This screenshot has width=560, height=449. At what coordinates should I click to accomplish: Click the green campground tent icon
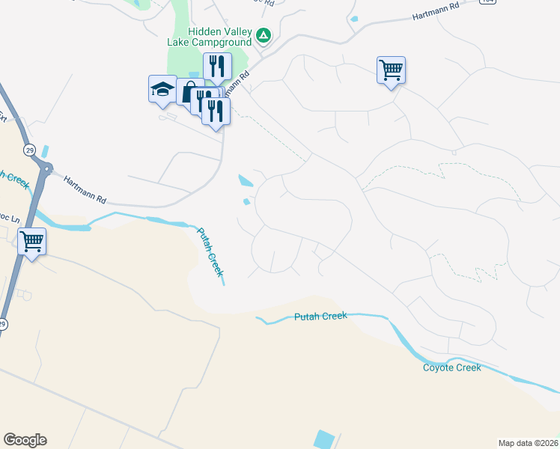[x=264, y=34]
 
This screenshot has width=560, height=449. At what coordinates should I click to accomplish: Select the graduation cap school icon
[x=162, y=90]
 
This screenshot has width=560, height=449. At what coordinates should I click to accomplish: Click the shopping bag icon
[x=189, y=92]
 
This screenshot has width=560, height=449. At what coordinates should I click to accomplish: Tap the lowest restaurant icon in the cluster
[x=216, y=111]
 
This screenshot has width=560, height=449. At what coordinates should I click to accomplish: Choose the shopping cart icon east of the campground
[x=391, y=70]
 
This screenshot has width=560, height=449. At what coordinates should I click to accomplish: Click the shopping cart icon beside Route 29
[x=32, y=242]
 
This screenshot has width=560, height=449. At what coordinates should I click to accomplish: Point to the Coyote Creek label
[x=451, y=367]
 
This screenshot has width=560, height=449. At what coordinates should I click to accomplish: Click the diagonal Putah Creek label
[x=210, y=251]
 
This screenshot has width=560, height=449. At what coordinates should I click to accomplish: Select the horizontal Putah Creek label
[x=320, y=317]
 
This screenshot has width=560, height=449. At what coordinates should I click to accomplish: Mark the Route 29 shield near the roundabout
[x=29, y=150]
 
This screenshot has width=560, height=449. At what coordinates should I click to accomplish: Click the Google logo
[x=25, y=440]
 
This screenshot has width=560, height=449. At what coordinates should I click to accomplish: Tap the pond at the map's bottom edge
[x=324, y=439]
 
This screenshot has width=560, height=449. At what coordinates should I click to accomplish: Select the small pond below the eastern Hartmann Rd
[x=353, y=19]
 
